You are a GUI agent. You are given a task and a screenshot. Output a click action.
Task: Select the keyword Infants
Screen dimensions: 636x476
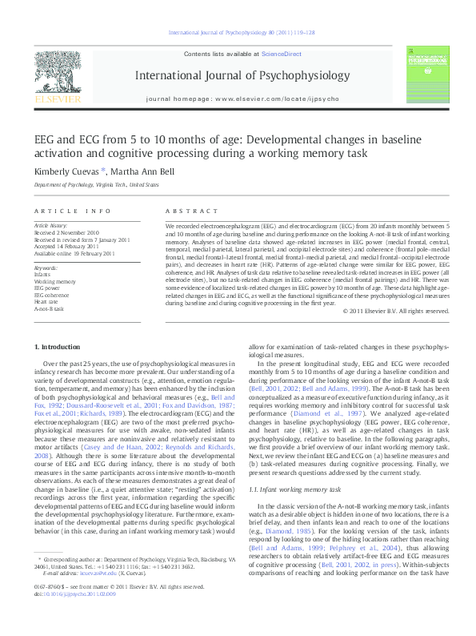(42, 273)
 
